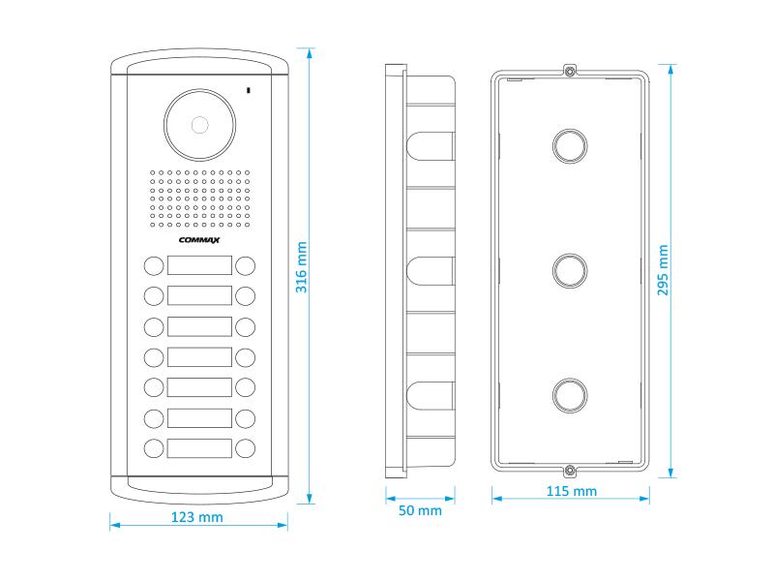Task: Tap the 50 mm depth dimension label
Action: tap(420, 509)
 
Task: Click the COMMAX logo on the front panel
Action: tap(200, 241)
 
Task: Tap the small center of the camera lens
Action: tap(200, 125)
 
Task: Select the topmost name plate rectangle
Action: tap(200, 265)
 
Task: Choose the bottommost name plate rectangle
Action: tap(200, 448)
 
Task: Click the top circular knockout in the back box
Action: tap(570, 144)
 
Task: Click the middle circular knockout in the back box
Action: tap(570, 269)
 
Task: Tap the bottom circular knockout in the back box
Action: tap(570, 394)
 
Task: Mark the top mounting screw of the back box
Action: tap(570, 72)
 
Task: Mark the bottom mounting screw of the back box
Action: tap(570, 471)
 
